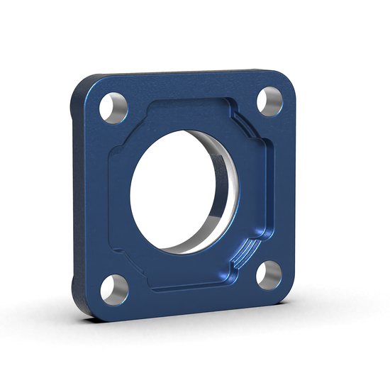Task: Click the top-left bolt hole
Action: click(113, 108)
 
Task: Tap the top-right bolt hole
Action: click(269, 101)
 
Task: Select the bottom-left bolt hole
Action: click(114, 288)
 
